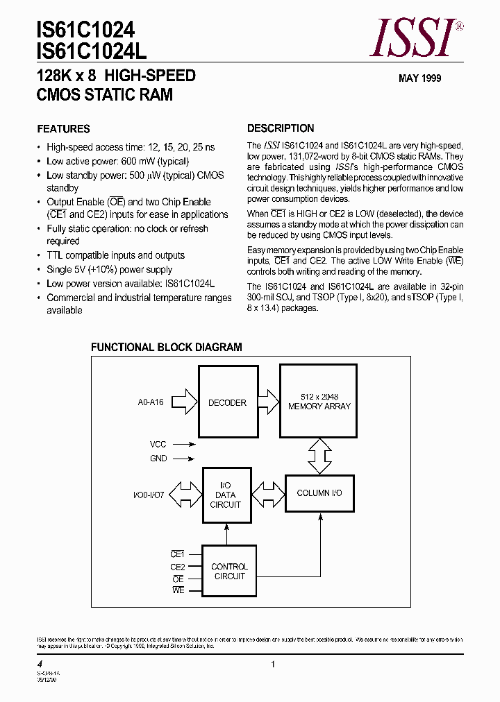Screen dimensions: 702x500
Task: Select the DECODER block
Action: coord(227,402)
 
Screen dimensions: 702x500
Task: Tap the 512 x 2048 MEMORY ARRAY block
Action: coord(319,402)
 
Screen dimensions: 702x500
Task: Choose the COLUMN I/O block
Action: coord(319,493)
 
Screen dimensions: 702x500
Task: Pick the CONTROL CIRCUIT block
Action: coord(229,572)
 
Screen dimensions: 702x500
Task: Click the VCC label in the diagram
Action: coord(158,443)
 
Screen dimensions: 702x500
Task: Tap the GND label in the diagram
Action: coord(158,459)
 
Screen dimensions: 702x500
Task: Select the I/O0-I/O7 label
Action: coord(149,495)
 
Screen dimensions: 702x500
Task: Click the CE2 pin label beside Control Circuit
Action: coord(177,567)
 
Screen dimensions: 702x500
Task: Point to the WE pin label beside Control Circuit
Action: coord(178,590)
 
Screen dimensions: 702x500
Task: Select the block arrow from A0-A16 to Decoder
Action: coord(185,402)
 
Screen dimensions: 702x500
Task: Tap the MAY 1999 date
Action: coord(419,78)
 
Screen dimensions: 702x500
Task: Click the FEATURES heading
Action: coord(63,129)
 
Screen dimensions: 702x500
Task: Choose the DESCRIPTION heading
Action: coord(281,128)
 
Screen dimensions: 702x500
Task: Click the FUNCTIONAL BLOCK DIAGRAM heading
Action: coord(167,347)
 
